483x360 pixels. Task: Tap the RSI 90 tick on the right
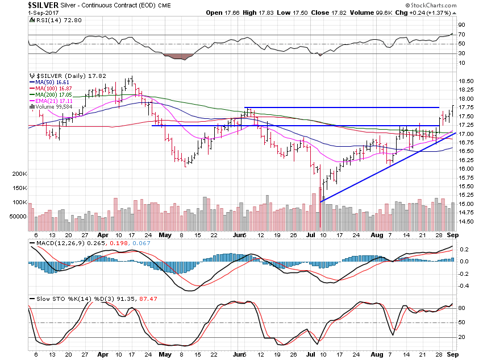[x=463, y=25]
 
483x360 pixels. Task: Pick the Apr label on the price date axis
[x=103, y=234]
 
